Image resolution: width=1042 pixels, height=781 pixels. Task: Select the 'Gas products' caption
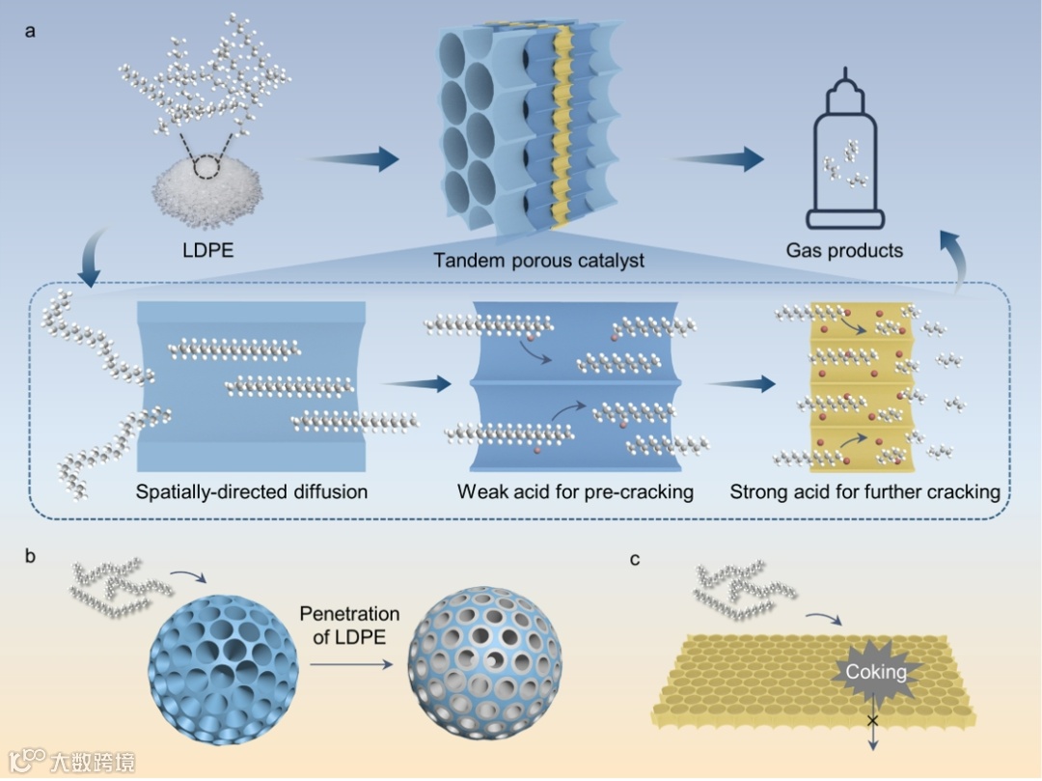coord(844,250)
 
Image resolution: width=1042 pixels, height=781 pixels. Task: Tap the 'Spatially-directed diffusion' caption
coord(252,491)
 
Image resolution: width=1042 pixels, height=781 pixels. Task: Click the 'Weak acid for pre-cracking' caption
coord(575,492)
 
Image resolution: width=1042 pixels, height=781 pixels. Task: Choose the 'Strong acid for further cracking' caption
coord(864,492)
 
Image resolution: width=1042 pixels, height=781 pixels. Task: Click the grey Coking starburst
coord(875,671)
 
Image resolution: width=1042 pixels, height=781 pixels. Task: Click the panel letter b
coord(31,556)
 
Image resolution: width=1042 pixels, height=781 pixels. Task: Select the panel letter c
coord(633,557)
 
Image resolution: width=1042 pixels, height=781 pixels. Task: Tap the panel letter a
coord(31,30)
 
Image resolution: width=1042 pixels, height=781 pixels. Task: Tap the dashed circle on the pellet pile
coord(208,169)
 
